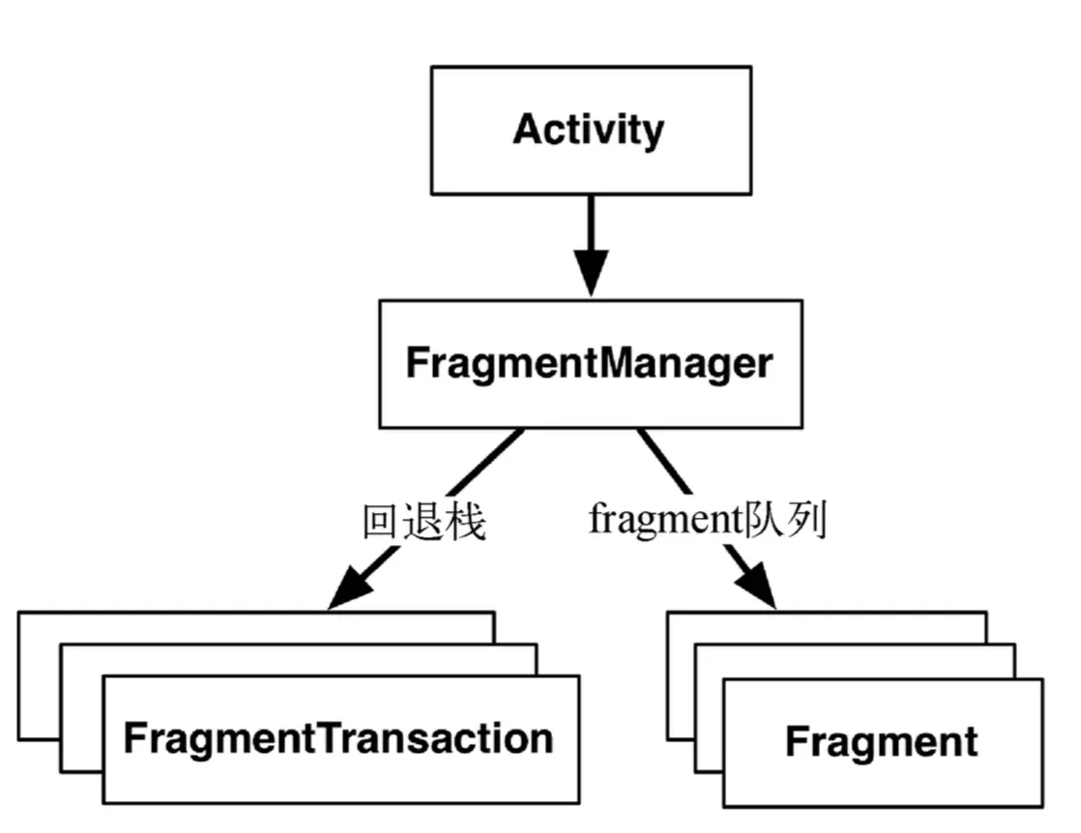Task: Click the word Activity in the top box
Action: pyautogui.click(x=589, y=129)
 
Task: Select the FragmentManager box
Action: pyautogui.click(x=589, y=364)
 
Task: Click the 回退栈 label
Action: pyautogui.click(x=423, y=522)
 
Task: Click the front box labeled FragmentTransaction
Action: pyautogui.click(x=339, y=739)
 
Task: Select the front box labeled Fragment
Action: pyautogui.click(x=882, y=742)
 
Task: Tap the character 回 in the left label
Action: pyautogui.click(x=380, y=522)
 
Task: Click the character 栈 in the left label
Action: pyautogui.click(x=465, y=522)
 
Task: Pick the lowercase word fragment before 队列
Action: pyautogui.click(x=663, y=522)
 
